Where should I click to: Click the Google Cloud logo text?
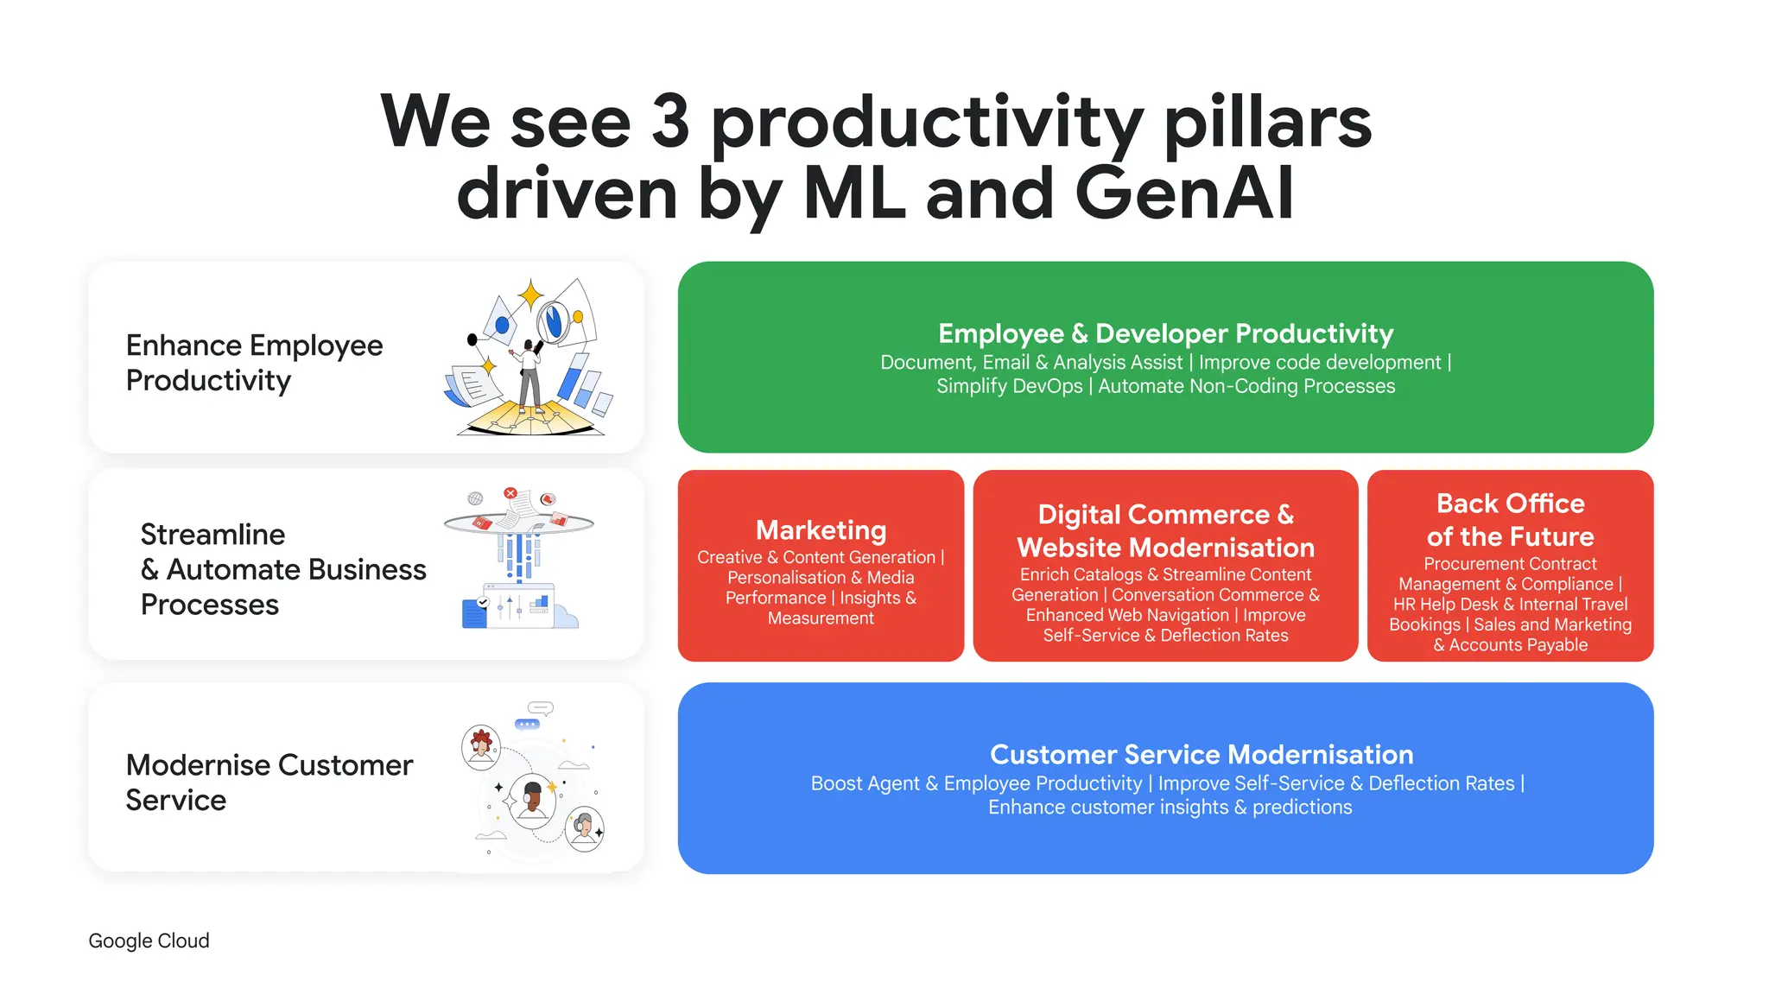(149, 941)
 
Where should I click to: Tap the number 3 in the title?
(670, 122)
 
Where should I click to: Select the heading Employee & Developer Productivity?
(1165, 333)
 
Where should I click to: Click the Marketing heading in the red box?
(821, 529)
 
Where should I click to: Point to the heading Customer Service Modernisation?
(1201, 754)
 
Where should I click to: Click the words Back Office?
(1510, 504)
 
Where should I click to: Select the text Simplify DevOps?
(1009, 386)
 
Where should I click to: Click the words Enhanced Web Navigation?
(1127, 615)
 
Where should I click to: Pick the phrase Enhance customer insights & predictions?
(1170, 808)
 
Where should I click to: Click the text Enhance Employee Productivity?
(254, 363)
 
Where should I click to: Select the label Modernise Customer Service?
(269, 783)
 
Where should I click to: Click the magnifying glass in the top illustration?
(552, 322)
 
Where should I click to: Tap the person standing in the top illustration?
(529, 377)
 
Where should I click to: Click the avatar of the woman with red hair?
(481, 745)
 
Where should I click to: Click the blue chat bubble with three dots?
(527, 724)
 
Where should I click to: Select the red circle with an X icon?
(510, 493)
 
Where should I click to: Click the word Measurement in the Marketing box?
(821, 618)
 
